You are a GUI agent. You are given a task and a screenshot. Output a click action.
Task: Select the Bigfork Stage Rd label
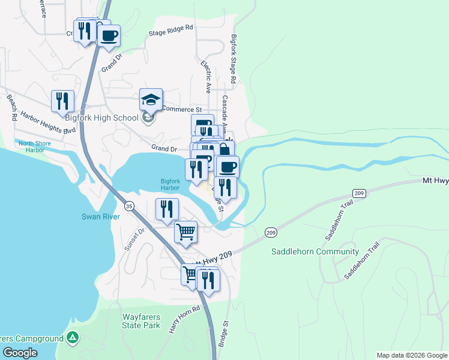[234, 58]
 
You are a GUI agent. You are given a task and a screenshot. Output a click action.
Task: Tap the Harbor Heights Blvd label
[48, 122]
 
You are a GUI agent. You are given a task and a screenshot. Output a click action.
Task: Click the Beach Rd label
[11, 107]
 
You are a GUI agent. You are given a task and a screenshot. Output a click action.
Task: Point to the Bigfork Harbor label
[170, 184]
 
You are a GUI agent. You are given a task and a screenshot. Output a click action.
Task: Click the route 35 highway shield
[129, 206]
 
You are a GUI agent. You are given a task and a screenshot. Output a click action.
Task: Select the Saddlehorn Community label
[315, 251]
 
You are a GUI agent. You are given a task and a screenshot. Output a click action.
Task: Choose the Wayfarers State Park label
[141, 320]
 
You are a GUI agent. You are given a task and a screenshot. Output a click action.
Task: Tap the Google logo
[20, 353]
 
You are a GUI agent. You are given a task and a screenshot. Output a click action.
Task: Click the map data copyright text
[411, 355]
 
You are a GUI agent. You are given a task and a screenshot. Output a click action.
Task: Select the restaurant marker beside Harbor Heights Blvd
[62, 101]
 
